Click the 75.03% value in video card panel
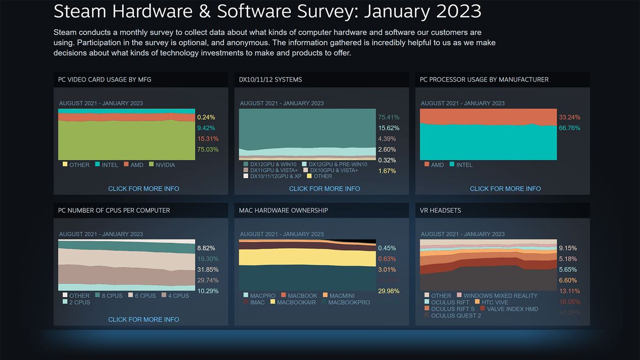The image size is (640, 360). (207, 150)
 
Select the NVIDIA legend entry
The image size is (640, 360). (164, 165)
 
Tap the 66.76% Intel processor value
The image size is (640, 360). (569, 128)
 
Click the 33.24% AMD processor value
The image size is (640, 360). (569, 117)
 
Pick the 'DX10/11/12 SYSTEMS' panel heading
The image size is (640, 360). (270, 80)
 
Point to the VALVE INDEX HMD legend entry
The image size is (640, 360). (513, 309)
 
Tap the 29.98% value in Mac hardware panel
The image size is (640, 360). (388, 291)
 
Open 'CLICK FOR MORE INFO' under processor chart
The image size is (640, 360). (505, 189)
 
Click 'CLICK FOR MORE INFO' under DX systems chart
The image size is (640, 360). (324, 189)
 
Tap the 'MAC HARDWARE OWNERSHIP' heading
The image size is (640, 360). (283, 211)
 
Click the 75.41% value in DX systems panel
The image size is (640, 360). (388, 117)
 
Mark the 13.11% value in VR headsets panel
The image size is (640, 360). (569, 291)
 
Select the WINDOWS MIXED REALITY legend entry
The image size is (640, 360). (500, 296)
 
